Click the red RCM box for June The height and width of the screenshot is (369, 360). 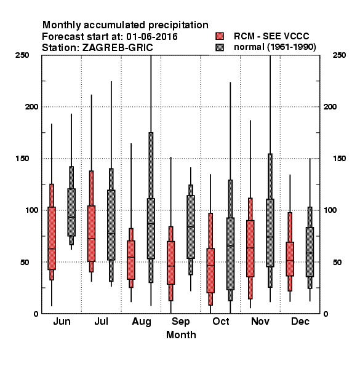click(52, 238)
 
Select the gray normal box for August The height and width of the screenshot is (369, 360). click(151, 229)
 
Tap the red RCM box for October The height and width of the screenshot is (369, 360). click(210, 271)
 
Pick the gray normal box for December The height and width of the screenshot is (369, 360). click(310, 252)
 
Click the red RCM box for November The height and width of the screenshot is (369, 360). click(250, 248)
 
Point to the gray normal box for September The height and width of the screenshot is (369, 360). click(191, 227)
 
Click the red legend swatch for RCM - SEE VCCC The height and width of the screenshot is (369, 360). click(220, 36)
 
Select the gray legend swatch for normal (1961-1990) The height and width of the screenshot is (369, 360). click(220, 47)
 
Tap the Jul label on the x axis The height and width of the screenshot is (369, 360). click(102, 321)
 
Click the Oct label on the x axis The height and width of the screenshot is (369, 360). click(220, 321)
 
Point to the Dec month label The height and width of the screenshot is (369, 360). click(300, 321)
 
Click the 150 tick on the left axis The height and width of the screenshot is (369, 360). click(22, 159)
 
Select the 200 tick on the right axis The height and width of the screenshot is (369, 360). click(330, 106)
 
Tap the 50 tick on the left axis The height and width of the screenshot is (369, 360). click(25, 262)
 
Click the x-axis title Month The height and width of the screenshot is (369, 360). click(181, 335)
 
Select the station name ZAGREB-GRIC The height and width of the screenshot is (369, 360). click(118, 48)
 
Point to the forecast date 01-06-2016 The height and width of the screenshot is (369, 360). click(152, 37)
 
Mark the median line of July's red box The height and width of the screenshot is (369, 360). click(91, 239)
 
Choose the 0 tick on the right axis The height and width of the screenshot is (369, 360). click(326, 314)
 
